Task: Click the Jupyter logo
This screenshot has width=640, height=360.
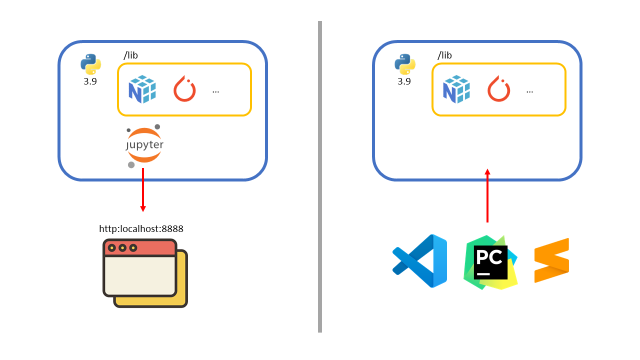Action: tap(144, 145)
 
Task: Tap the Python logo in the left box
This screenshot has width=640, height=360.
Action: tap(90, 64)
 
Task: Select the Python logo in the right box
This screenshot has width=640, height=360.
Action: tap(404, 64)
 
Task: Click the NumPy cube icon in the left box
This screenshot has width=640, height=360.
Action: tap(142, 89)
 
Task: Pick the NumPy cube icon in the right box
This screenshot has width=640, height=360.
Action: tap(456, 89)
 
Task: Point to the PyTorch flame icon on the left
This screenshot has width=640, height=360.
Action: tap(184, 89)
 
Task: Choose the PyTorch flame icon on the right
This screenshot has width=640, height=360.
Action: tap(498, 89)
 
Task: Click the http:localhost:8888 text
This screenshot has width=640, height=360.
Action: tap(141, 229)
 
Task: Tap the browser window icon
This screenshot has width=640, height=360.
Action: tap(145, 272)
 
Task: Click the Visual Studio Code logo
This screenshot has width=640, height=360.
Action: tap(419, 261)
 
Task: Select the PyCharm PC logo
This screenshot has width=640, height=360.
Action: tap(490, 262)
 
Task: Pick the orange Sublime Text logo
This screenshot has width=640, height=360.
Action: tap(551, 260)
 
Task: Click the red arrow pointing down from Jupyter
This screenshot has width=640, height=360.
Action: tap(143, 190)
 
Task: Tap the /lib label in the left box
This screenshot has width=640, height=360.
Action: tap(130, 55)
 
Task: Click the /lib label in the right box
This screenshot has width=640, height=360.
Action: tap(444, 55)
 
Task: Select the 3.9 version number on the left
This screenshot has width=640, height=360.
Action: tap(90, 81)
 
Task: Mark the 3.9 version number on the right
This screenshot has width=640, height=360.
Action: tap(404, 81)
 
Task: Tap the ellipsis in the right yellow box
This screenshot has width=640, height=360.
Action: tap(529, 91)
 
